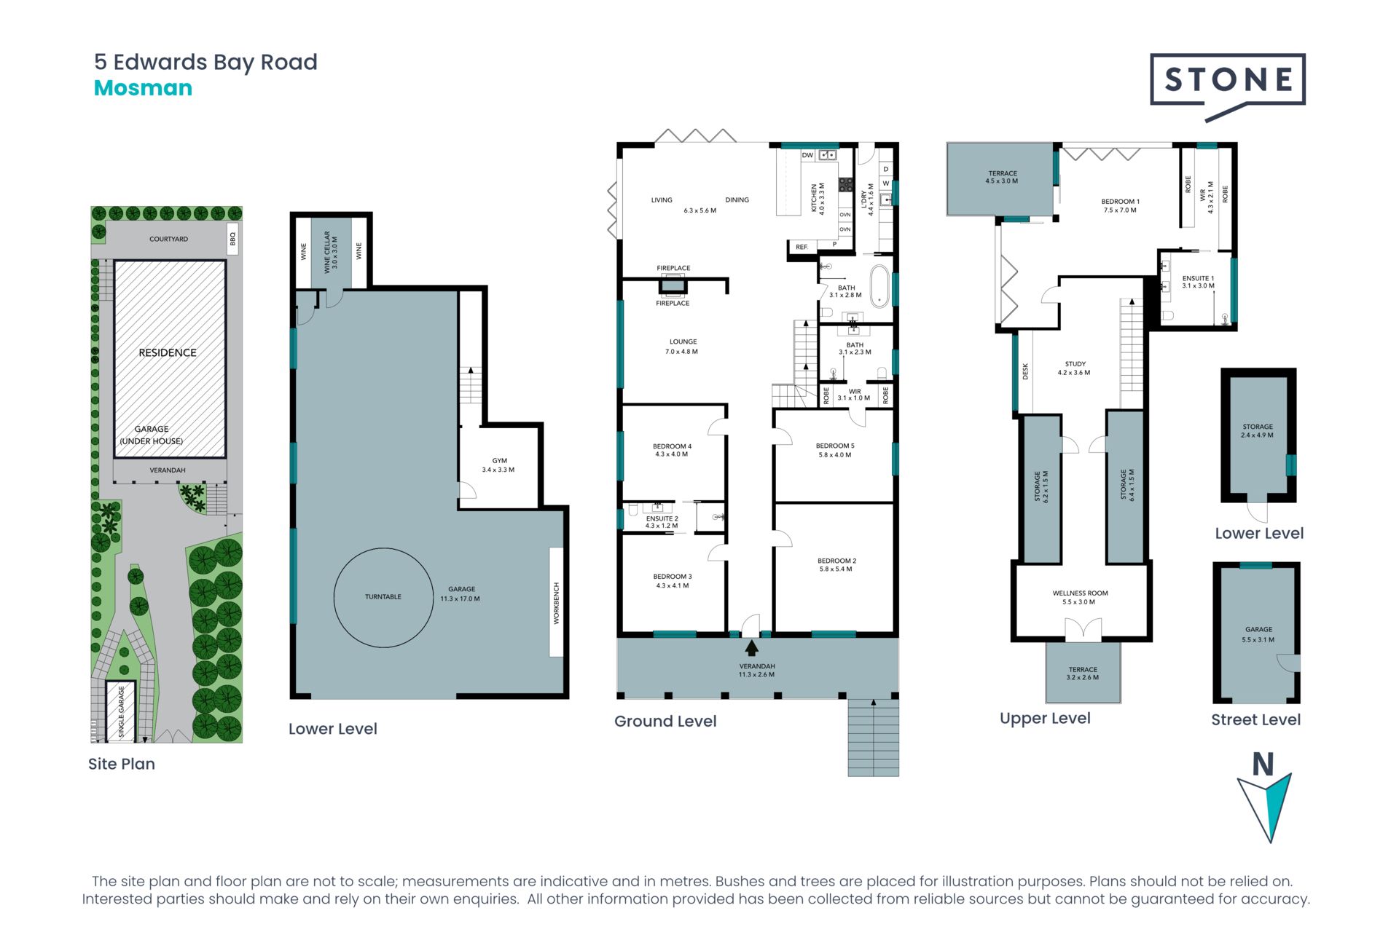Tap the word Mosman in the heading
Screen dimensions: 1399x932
[x=143, y=88]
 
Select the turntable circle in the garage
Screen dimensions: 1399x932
[x=383, y=598]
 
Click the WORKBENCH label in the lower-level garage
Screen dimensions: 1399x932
[x=557, y=603]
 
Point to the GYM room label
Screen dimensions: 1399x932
[x=499, y=461]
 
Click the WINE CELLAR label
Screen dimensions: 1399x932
[x=327, y=251]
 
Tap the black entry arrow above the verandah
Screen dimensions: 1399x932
[x=751, y=647]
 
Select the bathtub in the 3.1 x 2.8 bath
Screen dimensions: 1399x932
[x=880, y=285]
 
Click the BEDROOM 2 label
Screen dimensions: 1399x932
[x=836, y=561]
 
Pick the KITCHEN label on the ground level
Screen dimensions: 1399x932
[x=814, y=197]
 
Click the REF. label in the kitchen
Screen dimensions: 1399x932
[x=802, y=247]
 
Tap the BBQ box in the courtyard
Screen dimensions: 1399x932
[x=233, y=239]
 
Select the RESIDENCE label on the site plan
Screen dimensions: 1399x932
[x=168, y=352]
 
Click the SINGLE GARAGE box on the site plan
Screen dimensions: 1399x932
[x=121, y=711]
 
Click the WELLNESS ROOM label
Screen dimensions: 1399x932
[x=1080, y=593]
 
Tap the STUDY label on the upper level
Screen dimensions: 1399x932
[x=1075, y=364]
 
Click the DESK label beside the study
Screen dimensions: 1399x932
[x=1025, y=371]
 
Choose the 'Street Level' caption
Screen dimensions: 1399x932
[x=1255, y=720]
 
